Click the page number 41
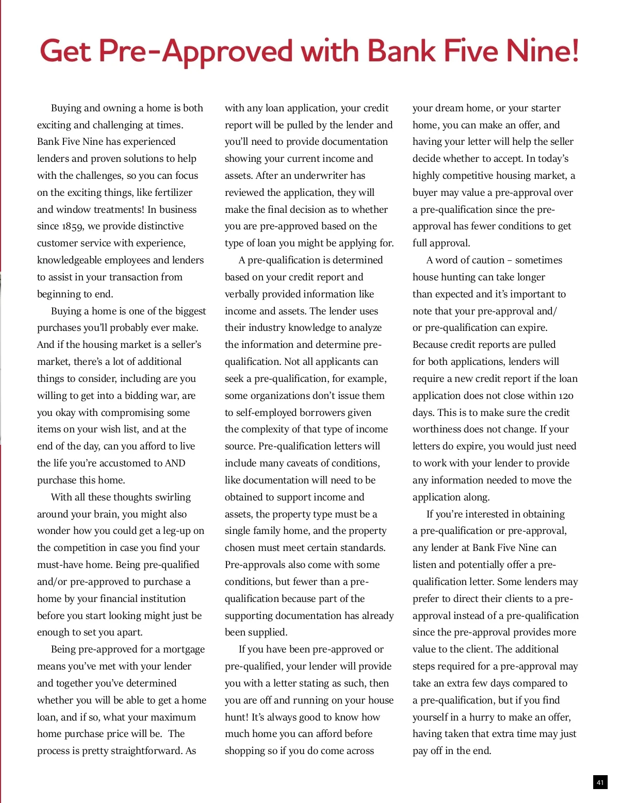(600, 782)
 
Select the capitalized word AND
(175, 463)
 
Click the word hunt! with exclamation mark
(236, 717)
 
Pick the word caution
(483, 260)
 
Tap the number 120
(565, 395)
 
